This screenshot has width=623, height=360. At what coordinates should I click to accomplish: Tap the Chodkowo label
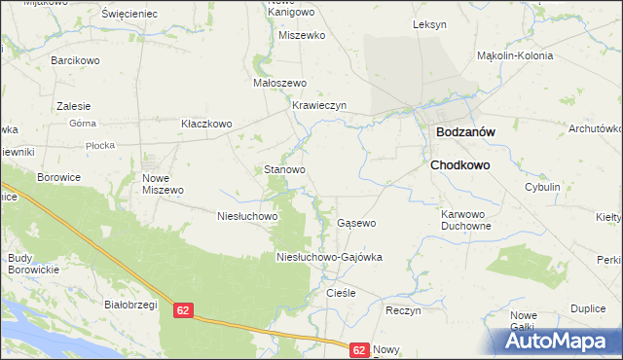click(x=459, y=165)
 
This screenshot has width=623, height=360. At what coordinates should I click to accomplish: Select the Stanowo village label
click(x=285, y=169)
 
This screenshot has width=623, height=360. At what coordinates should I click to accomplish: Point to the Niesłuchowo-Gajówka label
click(x=329, y=258)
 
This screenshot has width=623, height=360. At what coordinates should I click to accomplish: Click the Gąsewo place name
click(x=356, y=223)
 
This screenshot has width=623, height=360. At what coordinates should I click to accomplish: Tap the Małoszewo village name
click(x=280, y=83)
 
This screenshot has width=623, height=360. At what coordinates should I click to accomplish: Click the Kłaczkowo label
click(x=206, y=124)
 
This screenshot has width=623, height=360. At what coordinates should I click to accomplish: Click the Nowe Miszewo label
click(x=163, y=184)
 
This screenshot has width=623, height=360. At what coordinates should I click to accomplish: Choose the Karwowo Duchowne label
click(x=465, y=219)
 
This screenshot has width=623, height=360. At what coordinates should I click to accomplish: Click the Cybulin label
click(x=542, y=186)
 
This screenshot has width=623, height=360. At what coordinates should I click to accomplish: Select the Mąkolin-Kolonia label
click(x=515, y=55)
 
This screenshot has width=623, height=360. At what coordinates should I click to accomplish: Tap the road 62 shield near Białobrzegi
click(x=185, y=310)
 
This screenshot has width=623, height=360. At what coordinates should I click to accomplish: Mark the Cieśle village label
click(x=341, y=292)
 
